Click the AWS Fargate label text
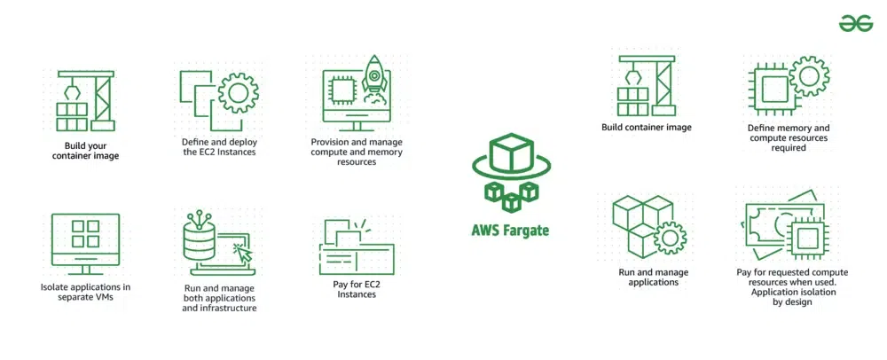click(x=510, y=231)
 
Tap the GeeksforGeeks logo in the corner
click(x=856, y=24)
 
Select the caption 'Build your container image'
click(x=91, y=151)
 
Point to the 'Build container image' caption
click(x=646, y=128)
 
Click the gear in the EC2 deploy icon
click(x=237, y=92)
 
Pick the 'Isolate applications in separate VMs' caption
click(x=85, y=292)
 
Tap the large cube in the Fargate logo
click(x=510, y=154)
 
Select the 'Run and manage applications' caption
click(x=654, y=278)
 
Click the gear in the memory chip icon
click(x=807, y=74)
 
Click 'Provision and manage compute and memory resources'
click(x=357, y=152)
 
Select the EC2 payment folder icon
click(x=355, y=245)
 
